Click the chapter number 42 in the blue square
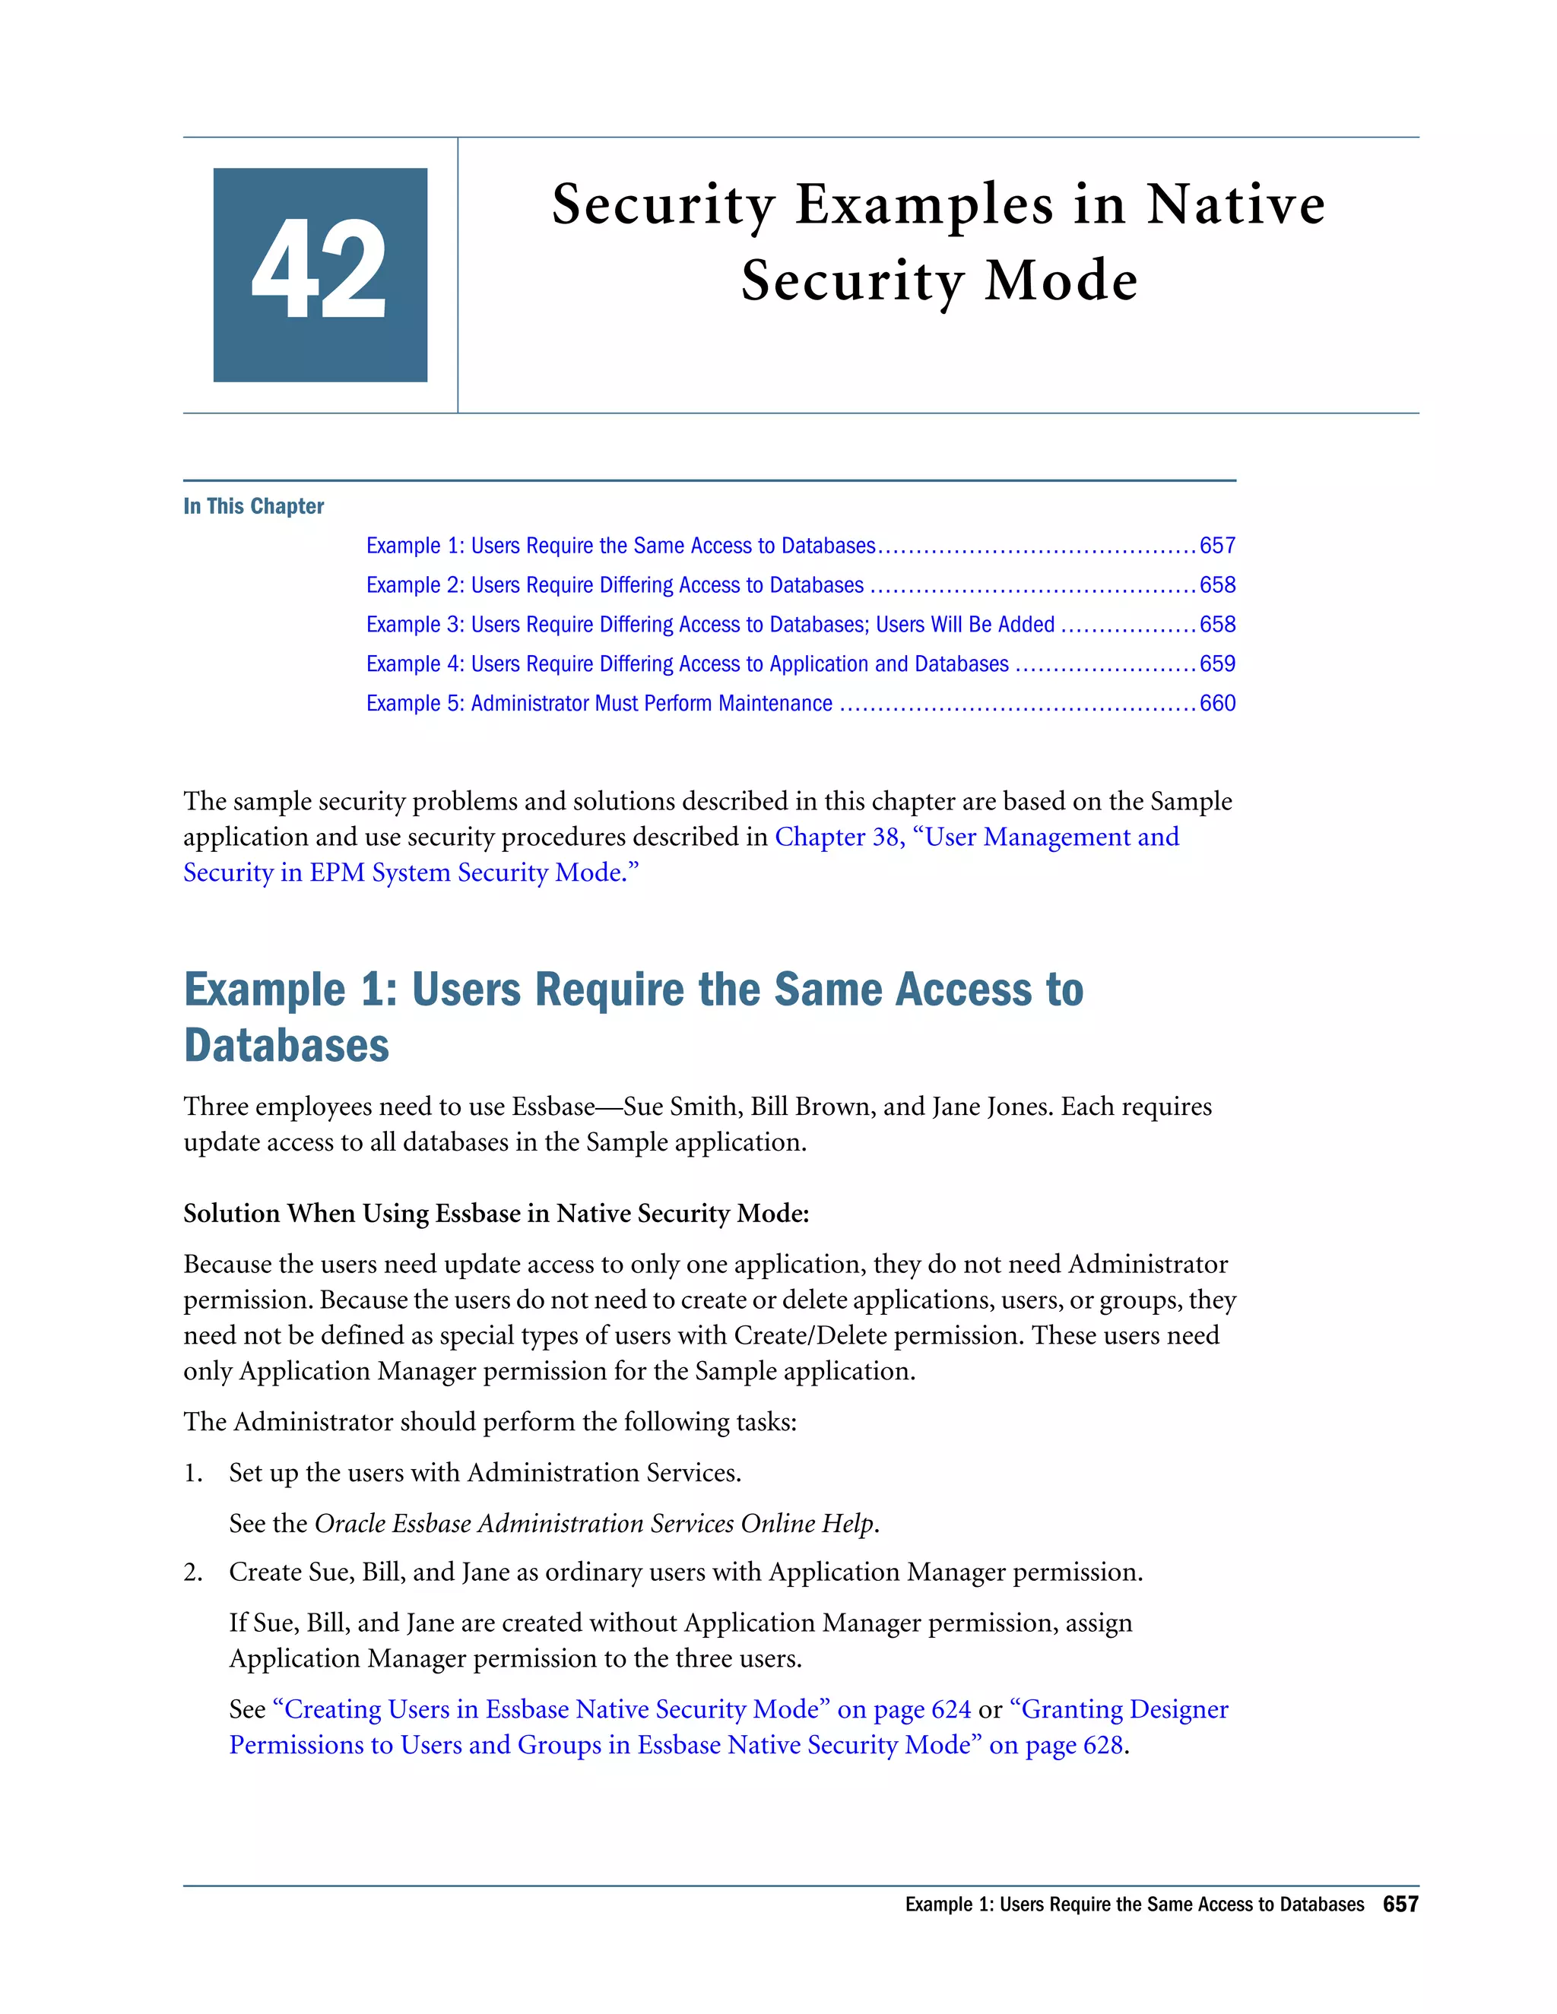319,272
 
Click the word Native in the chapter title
1235,204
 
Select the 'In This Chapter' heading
254,506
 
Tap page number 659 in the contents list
1216,664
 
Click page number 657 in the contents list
1216,546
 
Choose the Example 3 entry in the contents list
709,624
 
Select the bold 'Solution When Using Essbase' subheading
496,1214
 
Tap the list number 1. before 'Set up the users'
193,1473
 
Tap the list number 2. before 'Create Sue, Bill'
193,1572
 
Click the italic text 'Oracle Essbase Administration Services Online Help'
594,1523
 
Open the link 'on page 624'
903,1710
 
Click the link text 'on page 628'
1055,1746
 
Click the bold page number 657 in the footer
1400,1905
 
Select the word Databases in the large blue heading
287,1046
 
